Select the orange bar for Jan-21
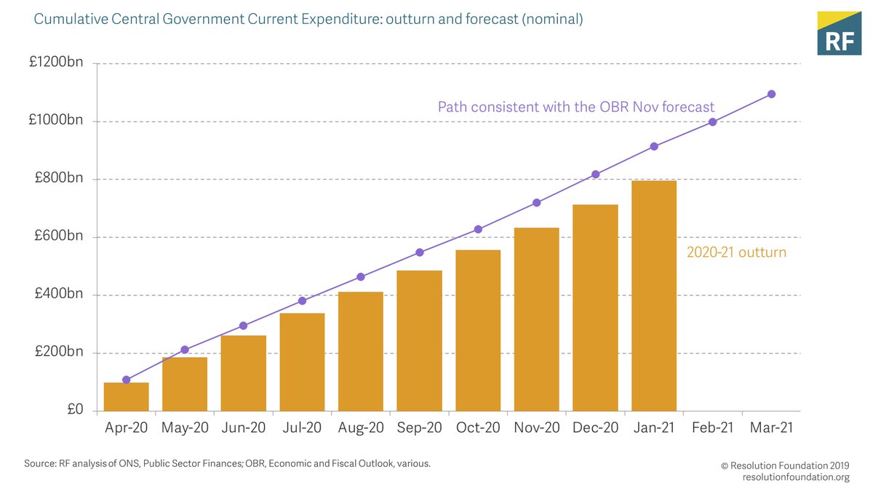pos(654,296)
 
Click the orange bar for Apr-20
pos(126,396)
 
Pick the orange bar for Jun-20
pos(243,372)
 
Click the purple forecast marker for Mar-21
pos(771,94)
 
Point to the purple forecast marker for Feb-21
pos(712,121)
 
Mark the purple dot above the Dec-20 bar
pos(595,175)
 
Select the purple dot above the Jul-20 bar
pos(302,300)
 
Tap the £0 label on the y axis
pos(76,410)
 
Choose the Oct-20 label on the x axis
pos(478,428)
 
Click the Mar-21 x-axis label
pos(771,428)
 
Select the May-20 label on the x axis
pos(185,428)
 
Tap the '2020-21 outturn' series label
pos(736,253)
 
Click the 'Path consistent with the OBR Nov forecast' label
pos(575,107)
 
